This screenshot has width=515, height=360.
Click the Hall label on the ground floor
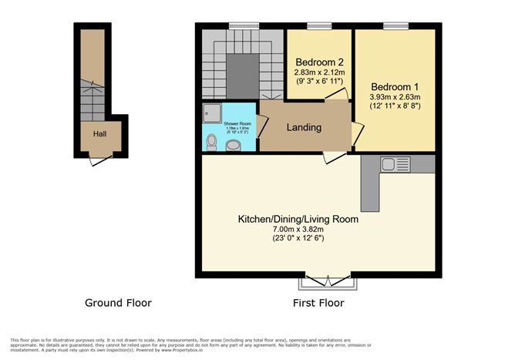pos(99,133)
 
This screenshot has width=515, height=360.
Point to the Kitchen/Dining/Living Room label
pos(298,219)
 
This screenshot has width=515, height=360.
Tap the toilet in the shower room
pos(212,141)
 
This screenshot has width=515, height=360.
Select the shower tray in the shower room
pos(211,113)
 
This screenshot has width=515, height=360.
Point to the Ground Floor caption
pos(118,303)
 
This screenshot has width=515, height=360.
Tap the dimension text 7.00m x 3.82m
pos(298,229)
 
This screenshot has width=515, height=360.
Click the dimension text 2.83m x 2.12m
pos(320,72)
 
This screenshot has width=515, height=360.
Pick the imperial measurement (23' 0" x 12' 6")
pos(298,239)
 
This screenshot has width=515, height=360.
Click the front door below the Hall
pos(99,160)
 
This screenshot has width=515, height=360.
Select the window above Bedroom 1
pos(396,26)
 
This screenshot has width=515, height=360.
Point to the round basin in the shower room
pos(233,145)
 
